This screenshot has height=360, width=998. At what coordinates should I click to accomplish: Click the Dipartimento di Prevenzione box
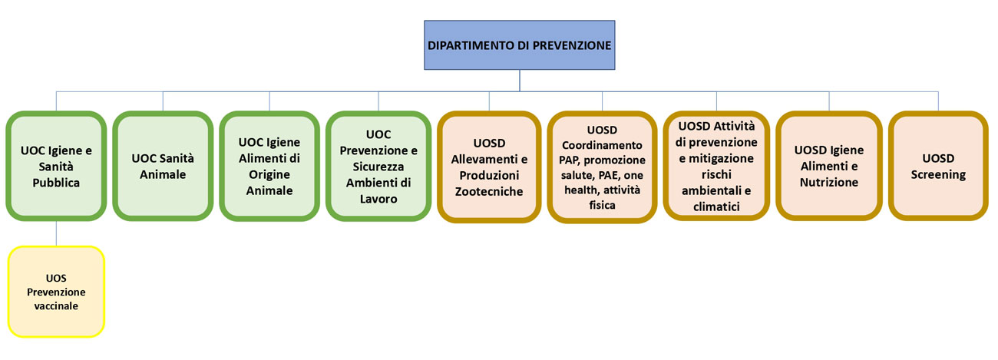pos(520,45)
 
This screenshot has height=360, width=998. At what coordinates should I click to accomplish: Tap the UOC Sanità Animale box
pos(163,167)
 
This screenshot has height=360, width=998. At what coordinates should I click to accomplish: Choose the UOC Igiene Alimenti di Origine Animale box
pos(269,167)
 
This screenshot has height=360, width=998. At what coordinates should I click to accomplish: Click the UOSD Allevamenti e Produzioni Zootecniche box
pos(489,167)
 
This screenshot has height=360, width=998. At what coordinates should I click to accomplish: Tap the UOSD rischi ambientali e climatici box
pos(716,165)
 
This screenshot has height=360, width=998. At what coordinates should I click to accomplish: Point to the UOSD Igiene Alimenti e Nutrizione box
pos(829,167)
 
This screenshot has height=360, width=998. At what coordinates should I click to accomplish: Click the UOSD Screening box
pos(938,167)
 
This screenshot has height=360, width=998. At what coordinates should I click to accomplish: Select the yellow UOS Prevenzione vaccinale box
pos(55,292)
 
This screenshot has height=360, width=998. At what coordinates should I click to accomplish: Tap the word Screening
pos(938,175)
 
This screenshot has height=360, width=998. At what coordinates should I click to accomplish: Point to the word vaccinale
pos(55,306)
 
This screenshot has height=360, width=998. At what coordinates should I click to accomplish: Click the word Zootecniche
pos(489,191)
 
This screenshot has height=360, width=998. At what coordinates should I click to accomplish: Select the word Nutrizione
pos(829,183)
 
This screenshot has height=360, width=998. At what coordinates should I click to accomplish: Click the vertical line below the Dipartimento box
pos(520,81)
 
